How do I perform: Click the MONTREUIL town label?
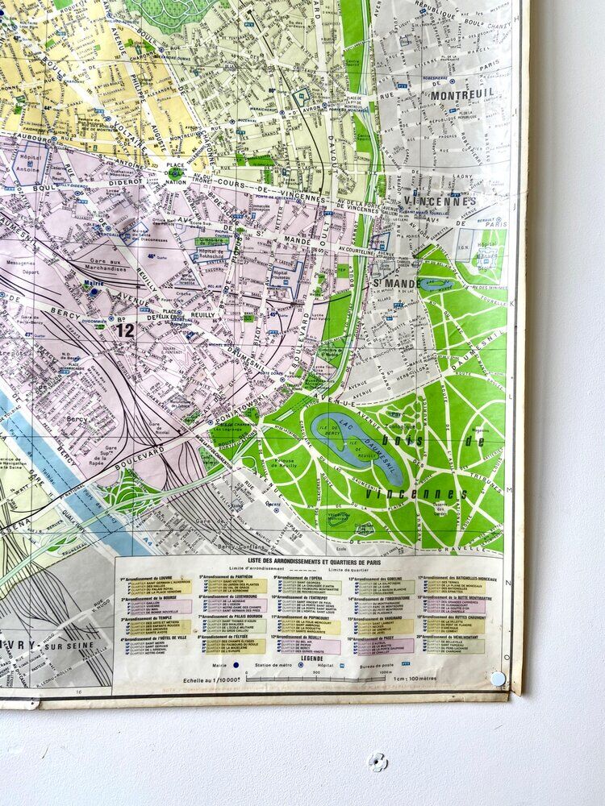coord(462,94)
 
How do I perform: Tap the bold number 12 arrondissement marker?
coord(124,330)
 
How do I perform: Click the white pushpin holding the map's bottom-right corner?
coord(498,679)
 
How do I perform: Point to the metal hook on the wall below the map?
coord(377,760)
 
